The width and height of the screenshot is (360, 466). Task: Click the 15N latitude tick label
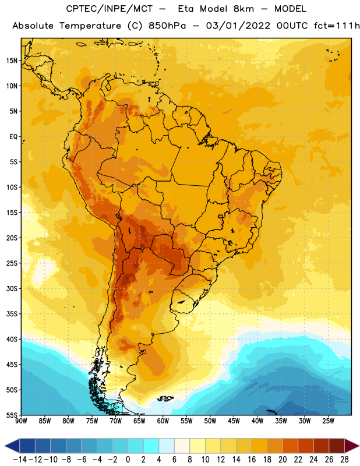pyautogui.click(x=12, y=61)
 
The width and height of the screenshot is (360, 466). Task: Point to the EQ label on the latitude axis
pyautogui.click(x=13, y=137)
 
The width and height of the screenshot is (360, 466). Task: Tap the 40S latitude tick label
pyautogui.click(x=12, y=339)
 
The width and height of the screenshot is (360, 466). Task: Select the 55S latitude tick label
pyautogui.click(x=12, y=415)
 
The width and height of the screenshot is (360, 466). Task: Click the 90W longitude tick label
pyautogui.click(x=21, y=421)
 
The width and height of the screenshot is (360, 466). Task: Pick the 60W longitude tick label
pyautogui.click(x=163, y=421)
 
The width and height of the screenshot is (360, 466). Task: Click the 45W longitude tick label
pyautogui.click(x=234, y=421)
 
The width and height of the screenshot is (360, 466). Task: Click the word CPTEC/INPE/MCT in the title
pyautogui.click(x=109, y=9)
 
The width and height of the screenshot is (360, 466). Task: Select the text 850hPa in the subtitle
pyautogui.click(x=167, y=26)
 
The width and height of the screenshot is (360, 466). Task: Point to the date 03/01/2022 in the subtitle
pyautogui.click(x=238, y=26)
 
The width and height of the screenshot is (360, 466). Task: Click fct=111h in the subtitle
pyautogui.click(x=337, y=26)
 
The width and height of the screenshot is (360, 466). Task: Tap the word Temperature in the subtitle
pyautogui.click(x=90, y=26)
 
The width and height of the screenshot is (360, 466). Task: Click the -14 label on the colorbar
pyautogui.click(x=20, y=460)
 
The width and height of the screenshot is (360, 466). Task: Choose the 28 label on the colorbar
pyautogui.click(x=344, y=460)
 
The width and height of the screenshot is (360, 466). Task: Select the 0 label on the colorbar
pyautogui.click(x=128, y=460)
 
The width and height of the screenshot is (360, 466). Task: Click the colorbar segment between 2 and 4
pyautogui.click(x=151, y=446)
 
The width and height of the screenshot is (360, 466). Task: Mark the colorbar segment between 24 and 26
pyautogui.click(x=322, y=446)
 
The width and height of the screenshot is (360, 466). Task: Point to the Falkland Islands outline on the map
pyautogui.click(x=165, y=398)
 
